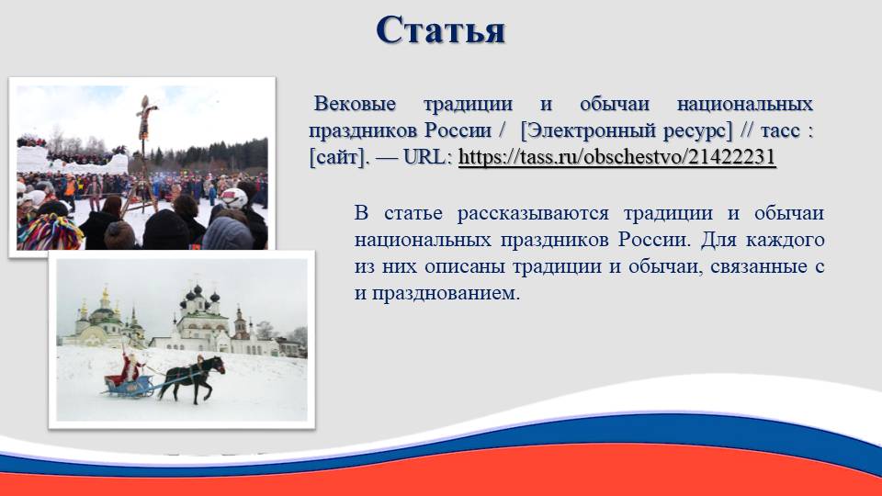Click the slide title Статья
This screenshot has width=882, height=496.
[x=440, y=29]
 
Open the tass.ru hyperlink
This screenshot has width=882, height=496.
[x=617, y=157]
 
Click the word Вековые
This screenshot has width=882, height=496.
[x=355, y=104]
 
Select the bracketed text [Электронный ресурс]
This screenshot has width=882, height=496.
[x=627, y=130]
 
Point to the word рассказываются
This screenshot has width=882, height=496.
[x=533, y=214]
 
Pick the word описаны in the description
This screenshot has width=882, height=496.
[x=462, y=266]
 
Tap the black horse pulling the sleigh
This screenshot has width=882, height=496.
[x=192, y=378]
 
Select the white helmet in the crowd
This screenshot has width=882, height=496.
[x=234, y=198]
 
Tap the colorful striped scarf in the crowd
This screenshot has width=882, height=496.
[x=50, y=231]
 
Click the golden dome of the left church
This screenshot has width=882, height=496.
[x=105, y=298]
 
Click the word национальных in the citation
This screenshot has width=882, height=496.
[x=745, y=104]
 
